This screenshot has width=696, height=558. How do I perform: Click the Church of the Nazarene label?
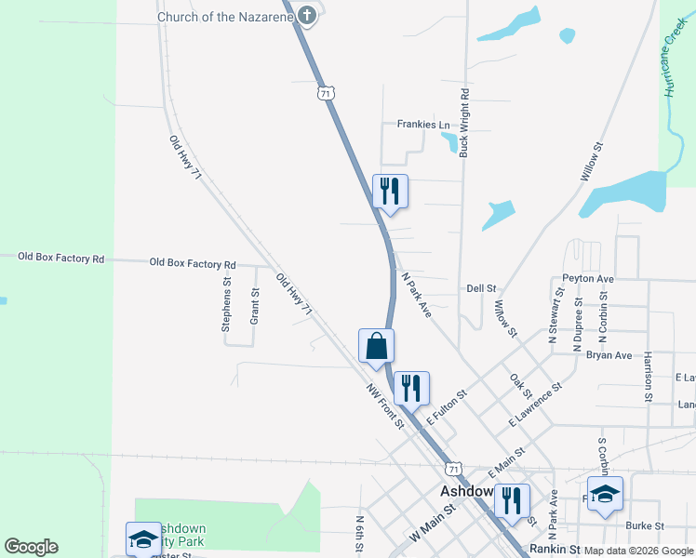(x=224, y=17)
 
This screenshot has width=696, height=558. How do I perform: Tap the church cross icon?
(x=304, y=15)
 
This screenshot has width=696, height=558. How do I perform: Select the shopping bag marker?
(x=376, y=346)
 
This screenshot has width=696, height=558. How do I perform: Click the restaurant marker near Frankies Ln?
(x=389, y=191)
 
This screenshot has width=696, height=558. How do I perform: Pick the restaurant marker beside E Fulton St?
(x=411, y=387)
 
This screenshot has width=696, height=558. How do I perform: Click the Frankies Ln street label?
(x=423, y=125)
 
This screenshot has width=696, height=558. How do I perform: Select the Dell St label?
(x=482, y=289)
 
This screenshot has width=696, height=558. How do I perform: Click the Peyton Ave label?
(x=587, y=278)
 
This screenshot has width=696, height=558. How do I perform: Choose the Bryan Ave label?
(x=609, y=355)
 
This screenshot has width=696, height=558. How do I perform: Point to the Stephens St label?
(x=226, y=304)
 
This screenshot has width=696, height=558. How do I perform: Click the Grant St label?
(x=254, y=306)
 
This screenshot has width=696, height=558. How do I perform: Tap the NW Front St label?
(x=384, y=407)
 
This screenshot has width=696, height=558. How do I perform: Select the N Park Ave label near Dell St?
(x=415, y=295)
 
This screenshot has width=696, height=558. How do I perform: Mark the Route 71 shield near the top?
(x=324, y=92)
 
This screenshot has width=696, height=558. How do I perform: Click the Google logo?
(x=31, y=547)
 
